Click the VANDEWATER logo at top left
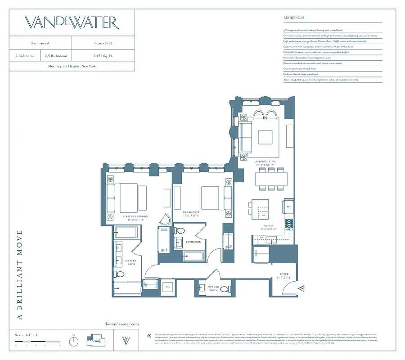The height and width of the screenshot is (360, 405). (x=72, y=22)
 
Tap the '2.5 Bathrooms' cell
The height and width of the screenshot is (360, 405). (x=56, y=56)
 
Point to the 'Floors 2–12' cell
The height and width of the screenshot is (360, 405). (x=103, y=43)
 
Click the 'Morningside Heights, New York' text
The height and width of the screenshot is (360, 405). (x=72, y=66)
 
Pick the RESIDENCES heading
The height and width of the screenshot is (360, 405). (x=294, y=18)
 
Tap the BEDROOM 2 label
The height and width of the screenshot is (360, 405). (x=192, y=213)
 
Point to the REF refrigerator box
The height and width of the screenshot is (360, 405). (x=289, y=207)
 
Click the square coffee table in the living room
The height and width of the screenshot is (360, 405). (x=265, y=136)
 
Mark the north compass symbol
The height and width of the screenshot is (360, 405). (x=74, y=341)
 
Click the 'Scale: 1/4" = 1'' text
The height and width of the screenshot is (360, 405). (x=26, y=335)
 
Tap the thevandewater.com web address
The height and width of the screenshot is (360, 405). (x=121, y=324)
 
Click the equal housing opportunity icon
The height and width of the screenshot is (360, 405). (x=149, y=335)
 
